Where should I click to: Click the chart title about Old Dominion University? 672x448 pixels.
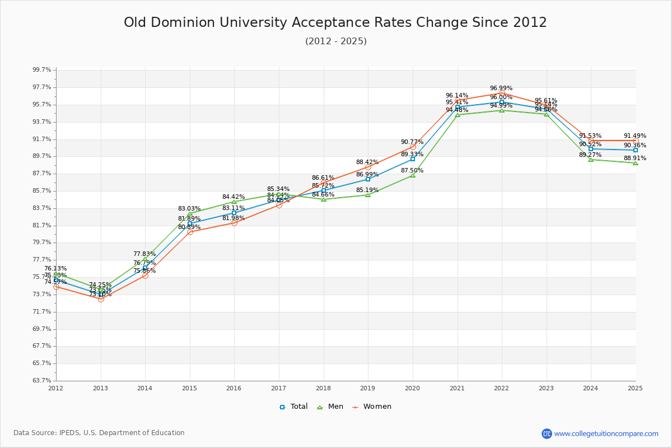pyautogui.click(x=335, y=22)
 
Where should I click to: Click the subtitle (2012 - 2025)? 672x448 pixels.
pyautogui.click(x=335, y=41)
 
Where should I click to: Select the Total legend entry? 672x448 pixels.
pyautogui.click(x=293, y=407)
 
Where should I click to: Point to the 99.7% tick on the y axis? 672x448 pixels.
pyautogui.click(x=42, y=70)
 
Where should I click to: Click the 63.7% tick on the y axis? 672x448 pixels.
pyautogui.click(x=42, y=381)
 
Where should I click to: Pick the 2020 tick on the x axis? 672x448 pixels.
pyautogui.click(x=412, y=388)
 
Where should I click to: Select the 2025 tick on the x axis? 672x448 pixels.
pyautogui.click(x=635, y=388)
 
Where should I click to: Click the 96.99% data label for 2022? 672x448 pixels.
pyautogui.click(x=501, y=88)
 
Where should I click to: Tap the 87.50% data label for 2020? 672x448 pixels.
pyautogui.click(x=412, y=171)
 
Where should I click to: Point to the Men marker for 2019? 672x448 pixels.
pyautogui.click(x=368, y=195)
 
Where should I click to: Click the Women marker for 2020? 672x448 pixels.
pyautogui.click(x=413, y=147)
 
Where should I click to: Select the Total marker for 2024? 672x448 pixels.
pyautogui.click(x=591, y=149)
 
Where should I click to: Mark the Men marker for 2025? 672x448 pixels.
pyautogui.click(x=636, y=163)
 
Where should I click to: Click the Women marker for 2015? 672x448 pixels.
pyautogui.click(x=190, y=232)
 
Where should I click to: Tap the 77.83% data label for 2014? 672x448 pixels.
pyautogui.click(x=144, y=254)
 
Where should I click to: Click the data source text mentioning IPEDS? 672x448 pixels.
pyautogui.click(x=99, y=433)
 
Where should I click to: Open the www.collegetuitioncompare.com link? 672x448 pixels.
pyautogui.click(x=606, y=433)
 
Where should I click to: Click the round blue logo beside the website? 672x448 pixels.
pyautogui.click(x=547, y=433)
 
